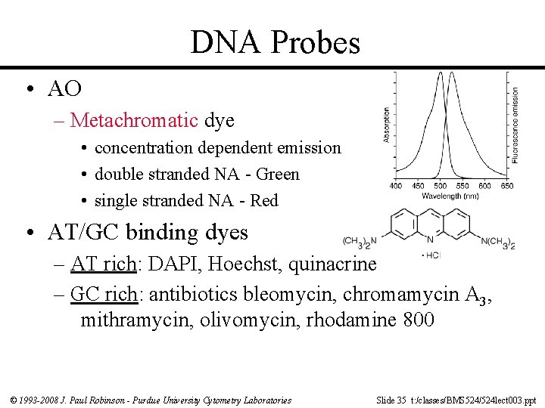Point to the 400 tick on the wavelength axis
[x=395, y=186]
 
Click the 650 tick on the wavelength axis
[x=507, y=186]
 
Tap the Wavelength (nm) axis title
[x=451, y=196]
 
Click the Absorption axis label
[x=387, y=124]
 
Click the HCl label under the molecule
[x=432, y=255]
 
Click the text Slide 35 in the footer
[x=392, y=399]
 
